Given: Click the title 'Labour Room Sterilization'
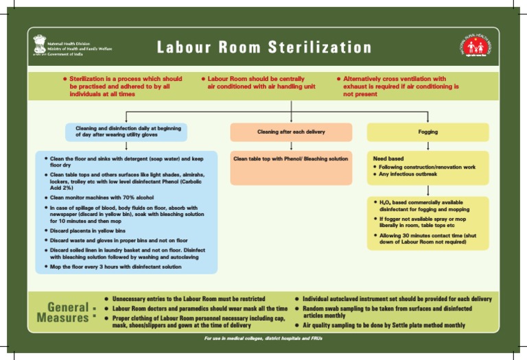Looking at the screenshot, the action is click(x=263, y=48).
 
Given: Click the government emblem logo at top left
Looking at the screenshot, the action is click(x=39, y=47).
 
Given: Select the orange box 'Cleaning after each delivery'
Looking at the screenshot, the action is click(x=291, y=132).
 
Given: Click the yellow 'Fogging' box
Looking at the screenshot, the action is click(x=428, y=132).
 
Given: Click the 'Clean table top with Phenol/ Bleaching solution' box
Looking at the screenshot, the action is click(x=291, y=158).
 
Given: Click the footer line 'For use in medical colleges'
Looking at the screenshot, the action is click(x=263, y=339).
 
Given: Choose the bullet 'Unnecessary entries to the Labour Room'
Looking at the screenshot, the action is click(x=188, y=300).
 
